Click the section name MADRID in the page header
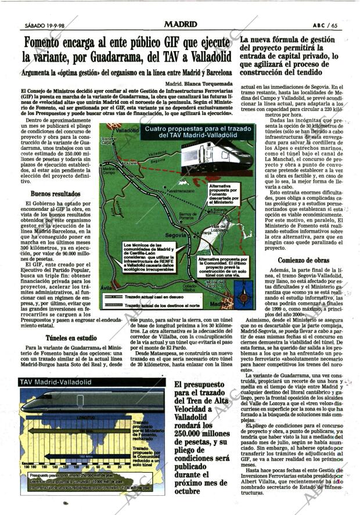[x=180, y=24]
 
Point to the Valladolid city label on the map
[x=127, y=131]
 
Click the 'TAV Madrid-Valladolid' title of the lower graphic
[x=56, y=382]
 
